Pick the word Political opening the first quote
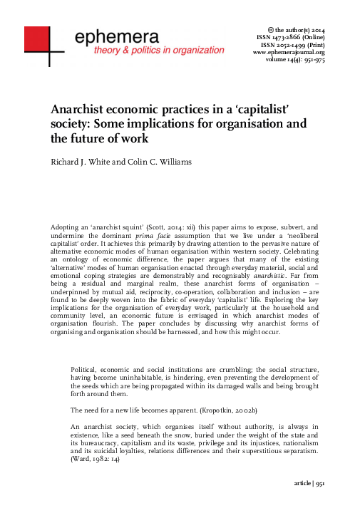[x=87, y=369]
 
